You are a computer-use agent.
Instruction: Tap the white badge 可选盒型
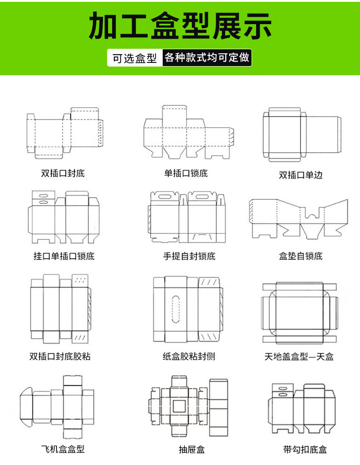pyautogui.click(x=135, y=58)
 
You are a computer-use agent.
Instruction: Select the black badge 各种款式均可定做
pyautogui.click(x=207, y=58)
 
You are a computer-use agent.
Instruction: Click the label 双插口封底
pyautogui.click(x=63, y=173)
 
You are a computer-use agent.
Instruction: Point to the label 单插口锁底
pyautogui.click(x=186, y=173)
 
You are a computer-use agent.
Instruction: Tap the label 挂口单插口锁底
pyautogui.click(x=64, y=256)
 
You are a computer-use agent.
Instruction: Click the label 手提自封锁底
pyautogui.click(x=189, y=256)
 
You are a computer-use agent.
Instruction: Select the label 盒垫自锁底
pyautogui.click(x=301, y=256)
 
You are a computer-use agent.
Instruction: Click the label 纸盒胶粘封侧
pyautogui.click(x=189, y=356)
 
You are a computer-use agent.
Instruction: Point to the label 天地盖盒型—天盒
pyautogui.click(x=299, y=356)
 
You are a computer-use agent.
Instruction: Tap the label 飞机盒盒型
pyautogui.click(x=63, y=449)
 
